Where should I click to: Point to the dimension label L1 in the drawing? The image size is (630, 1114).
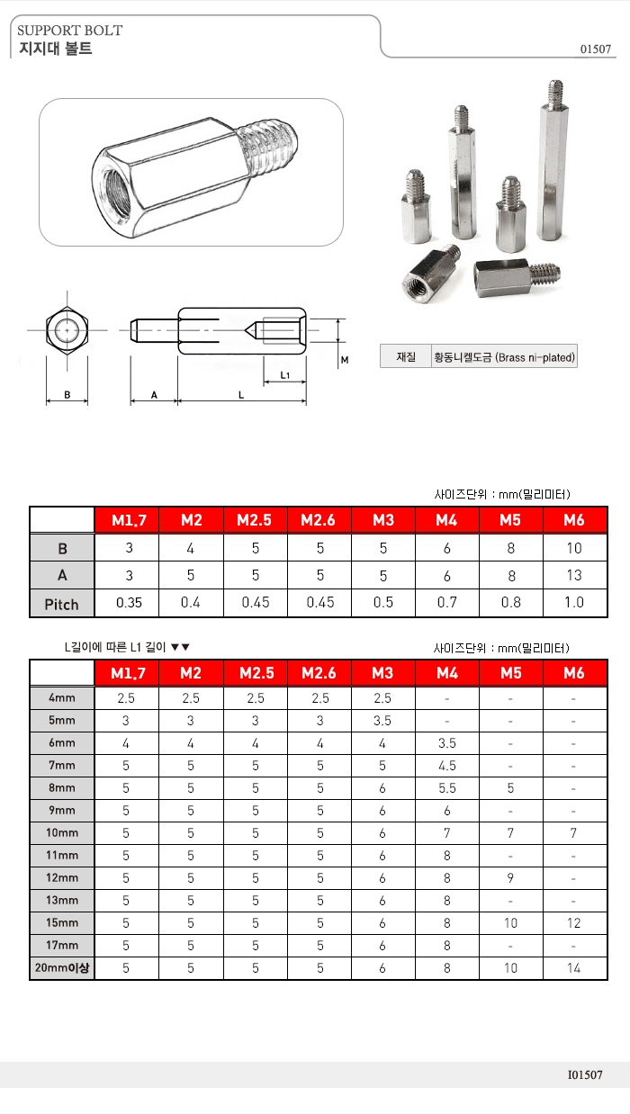[284, 373]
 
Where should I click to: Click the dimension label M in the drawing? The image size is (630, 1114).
[344, 359]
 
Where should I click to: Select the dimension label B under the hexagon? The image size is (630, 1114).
[67, 394]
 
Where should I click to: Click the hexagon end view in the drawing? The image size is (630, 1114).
[67, 331]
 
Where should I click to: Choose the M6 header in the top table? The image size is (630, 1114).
[574, 520]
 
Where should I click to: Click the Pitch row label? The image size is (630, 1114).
[62, 604]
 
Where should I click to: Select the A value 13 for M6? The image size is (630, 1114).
[574, 575]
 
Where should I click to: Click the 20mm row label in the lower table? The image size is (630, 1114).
[62, 968]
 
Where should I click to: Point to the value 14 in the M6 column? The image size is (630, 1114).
[574, 968]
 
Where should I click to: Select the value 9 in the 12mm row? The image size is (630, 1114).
[510, 877]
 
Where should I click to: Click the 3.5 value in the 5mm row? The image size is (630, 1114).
[382, 720]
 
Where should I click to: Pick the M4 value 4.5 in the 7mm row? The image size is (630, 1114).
[446, 765]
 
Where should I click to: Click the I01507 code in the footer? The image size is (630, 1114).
[585, 1074]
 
